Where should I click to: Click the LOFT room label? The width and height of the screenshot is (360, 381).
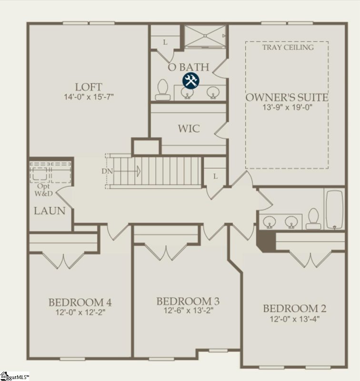[x=88, y=87]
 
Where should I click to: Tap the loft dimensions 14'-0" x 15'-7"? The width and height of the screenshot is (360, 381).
[x=88, y=97]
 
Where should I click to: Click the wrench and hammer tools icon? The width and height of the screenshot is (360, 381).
[x=191, y=80]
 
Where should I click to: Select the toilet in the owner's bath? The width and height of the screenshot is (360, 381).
[x=163, y=90]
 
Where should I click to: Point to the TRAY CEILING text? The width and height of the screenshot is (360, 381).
[x=288, y=47]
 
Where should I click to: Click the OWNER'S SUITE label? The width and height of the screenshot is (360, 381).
[x=287, y=98]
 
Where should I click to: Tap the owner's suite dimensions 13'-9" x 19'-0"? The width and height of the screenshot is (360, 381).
[x=287, y=108]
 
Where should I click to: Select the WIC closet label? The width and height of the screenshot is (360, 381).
[x=189, y=129]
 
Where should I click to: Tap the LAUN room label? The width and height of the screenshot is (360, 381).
[x=50, y=211]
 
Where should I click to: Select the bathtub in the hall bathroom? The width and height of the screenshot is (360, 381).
[x=334, y=210]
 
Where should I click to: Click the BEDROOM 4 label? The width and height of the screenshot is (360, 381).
[x=80, y=302]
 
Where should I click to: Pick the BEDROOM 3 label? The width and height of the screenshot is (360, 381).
[x=188, y=301]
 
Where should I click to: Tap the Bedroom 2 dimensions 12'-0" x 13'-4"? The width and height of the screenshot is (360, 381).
[x=295, y=319]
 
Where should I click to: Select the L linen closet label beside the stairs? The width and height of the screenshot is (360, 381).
[x=215, y=176]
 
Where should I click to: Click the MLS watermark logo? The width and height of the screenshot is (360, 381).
[x=14, y=376]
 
